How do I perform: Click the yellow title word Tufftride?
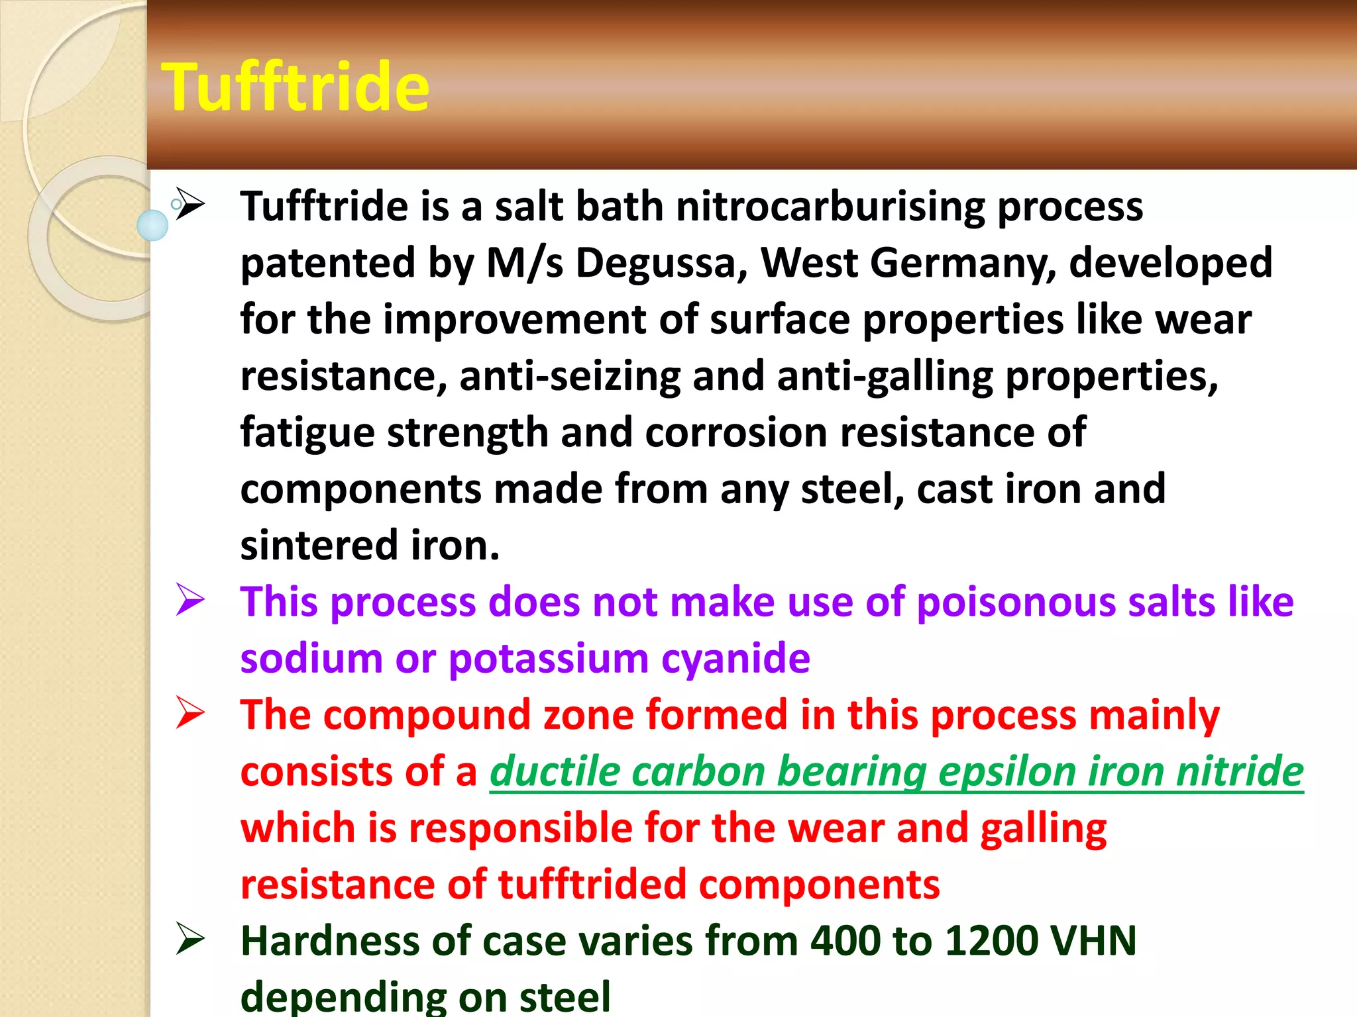pos(296,87)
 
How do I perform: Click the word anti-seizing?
pos(570,376)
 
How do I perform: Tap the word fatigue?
pos(307,433)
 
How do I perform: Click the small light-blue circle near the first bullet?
pos(152,225)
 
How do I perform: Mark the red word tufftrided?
pos(592,885)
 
